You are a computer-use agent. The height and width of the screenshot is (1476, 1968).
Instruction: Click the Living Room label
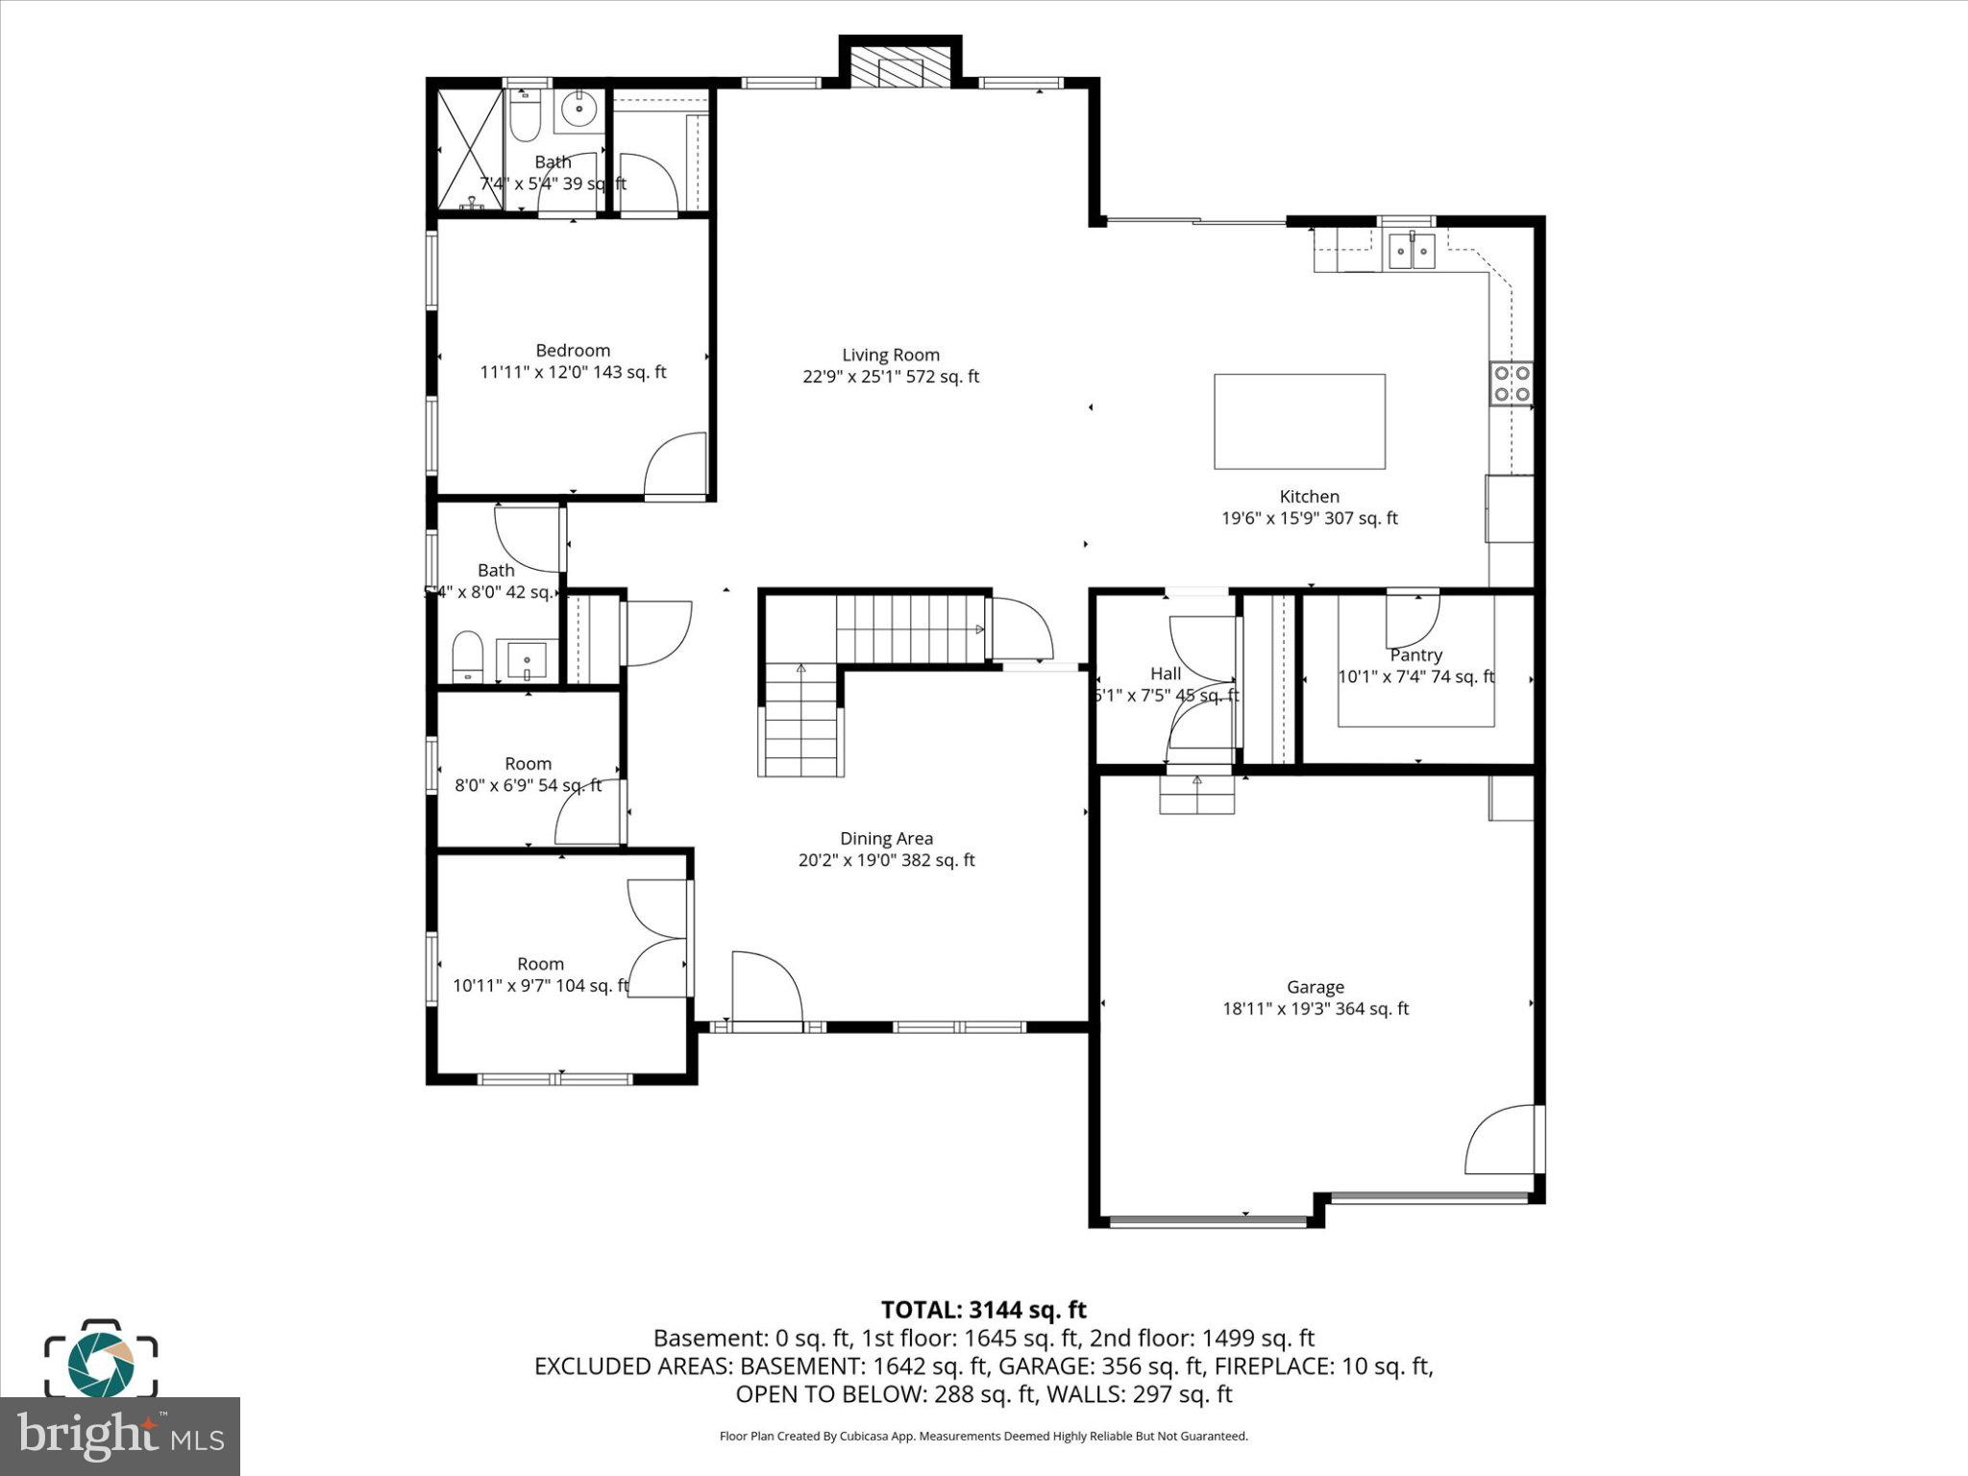(890, 356)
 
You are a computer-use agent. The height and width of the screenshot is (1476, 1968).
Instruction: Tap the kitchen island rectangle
(1299, 422)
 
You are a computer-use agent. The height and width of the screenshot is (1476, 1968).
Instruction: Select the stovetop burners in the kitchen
(1511, 383)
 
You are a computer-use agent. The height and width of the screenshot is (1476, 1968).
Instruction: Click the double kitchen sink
(1411, 253)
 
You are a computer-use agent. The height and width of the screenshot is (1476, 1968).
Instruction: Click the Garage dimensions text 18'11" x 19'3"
(1315, 1009)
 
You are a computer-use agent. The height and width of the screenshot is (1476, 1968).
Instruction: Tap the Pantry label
(1415, 655)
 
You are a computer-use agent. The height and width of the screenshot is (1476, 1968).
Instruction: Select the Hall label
(1165, 674)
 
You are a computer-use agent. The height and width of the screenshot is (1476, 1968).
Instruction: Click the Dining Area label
(886, 839)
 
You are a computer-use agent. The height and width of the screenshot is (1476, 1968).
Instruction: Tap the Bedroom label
(573, 351)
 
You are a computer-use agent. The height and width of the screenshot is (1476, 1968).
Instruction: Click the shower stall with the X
(470, 150)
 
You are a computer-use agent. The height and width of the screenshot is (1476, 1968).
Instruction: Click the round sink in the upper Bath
(579, 109)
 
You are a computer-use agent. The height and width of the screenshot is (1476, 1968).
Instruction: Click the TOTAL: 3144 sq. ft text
(983, 1310)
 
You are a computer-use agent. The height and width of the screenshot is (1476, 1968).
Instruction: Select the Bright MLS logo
(120, 1436)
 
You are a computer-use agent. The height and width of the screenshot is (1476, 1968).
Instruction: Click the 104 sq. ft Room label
(540, 964)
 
